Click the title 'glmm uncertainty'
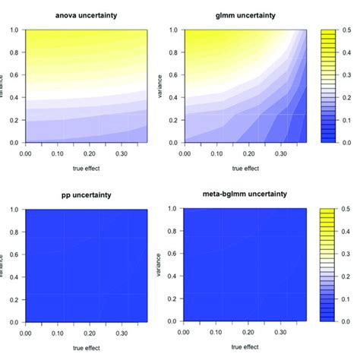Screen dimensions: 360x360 [235, 14]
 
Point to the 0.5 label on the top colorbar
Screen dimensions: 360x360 [348, 30]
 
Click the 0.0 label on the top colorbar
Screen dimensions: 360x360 [348, 142]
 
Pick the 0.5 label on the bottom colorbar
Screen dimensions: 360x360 [348, 208]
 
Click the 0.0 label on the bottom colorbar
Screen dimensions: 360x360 [348, 321]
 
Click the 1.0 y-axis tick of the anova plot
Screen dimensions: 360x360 [14, 30]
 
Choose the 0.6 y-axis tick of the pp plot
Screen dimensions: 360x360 [14, 254]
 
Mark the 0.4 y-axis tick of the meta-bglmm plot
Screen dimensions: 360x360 [168, 276]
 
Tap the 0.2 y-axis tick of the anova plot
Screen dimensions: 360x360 [14, 119]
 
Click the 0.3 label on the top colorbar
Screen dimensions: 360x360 [348, 74]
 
